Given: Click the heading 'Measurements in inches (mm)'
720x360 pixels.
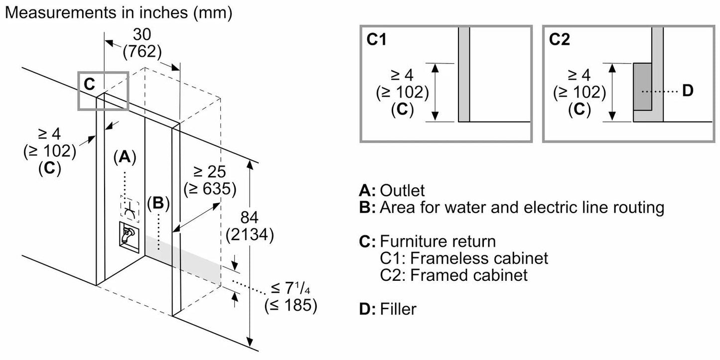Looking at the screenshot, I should pyautogui.click(x=119, y=12).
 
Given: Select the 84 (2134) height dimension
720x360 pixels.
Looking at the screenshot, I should pyautogui.click(x=249, y=227).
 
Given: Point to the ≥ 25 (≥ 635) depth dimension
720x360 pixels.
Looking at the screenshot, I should pyautogui.click(x=209, y=180).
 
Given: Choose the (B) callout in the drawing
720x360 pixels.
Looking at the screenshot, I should pyautogui.click(x=158, y=203).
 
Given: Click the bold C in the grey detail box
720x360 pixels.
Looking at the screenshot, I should pyautogui.click(x=89, y=85).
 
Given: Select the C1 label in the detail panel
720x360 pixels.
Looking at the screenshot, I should pyautogui.click(x=377, y=40).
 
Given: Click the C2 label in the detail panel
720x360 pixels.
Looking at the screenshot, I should pyautogui.click(x=560, y=40).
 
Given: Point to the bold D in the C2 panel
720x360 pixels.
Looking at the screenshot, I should pyautogui.click(x=687, y=91).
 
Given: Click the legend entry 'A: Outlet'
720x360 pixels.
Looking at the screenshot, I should pyautogui.click(x=392, y=190).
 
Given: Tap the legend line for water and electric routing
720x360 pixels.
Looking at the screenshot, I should pyautogui.click(x=511, y=207).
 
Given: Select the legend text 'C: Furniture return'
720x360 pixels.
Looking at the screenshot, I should pyautogui.click(x=427, y=242).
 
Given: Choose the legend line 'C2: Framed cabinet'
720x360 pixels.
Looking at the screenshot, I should pyautogui.click(x=453, y=274).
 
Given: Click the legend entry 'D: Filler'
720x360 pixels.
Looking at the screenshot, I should pyautogui.click(x=388, y=309).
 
